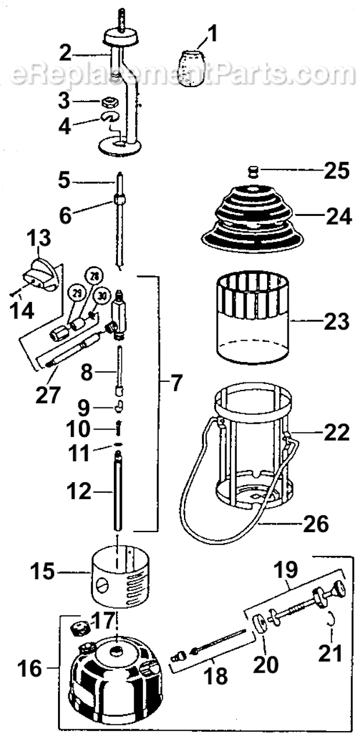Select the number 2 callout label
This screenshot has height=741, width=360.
66,53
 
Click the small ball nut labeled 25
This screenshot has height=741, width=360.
253,171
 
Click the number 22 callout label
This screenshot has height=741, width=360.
337,433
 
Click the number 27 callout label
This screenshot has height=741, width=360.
48,394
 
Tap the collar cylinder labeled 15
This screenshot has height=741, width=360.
120,577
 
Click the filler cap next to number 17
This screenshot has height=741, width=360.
77,628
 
